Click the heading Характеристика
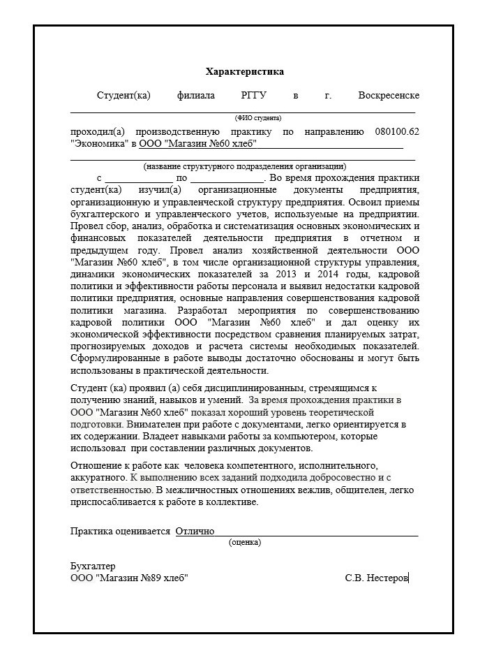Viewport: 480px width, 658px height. point(244,72)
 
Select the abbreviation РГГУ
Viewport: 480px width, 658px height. point(254,96)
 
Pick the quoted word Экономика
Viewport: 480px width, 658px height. point(99,145)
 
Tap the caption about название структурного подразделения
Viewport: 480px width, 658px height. point(244,166)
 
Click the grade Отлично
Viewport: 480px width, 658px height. point(195,531)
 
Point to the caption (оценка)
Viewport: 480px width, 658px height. point(244,541)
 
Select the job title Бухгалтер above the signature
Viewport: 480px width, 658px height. point(93,566)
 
